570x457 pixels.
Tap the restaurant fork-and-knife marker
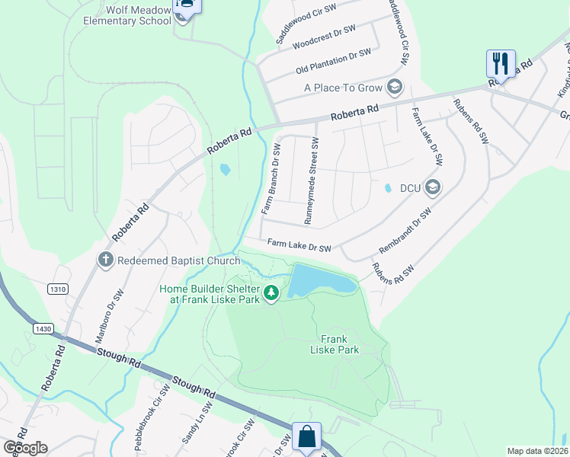pyautogui.click(x=501, y=62)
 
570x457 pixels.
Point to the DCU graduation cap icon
pyautogui.click(x=433, y=187)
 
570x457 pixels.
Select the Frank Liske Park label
pyautogui.click(x=334, y=344)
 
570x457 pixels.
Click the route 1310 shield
pyautogui.click(x=57, y=289)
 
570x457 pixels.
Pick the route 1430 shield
pyautogui.click(x=43, y=328)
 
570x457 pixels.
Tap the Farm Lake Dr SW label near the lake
pyautogui.click(x=299, y=247)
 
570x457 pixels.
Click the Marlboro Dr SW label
pyautogui.click(x=108, y=313)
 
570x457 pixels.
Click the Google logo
pyautogui.click(x=25, y=447)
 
